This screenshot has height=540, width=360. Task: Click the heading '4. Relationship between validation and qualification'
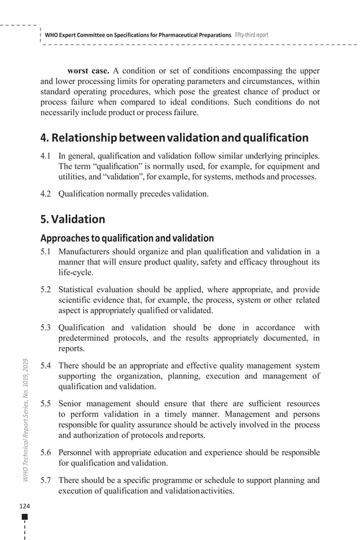[x=174, y=138]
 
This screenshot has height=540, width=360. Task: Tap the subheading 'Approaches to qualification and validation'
[x=127, y=238]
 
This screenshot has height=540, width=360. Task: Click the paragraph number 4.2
[x=47, y=194]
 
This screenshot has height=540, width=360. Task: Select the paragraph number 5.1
[x=47, y=252]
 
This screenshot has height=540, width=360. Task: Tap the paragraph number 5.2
[x=47, y=289]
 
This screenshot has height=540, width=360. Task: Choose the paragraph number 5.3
[x=47, y=327]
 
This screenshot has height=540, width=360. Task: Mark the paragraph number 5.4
[x=47, y=366]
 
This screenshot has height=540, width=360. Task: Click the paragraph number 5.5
[x=47, y=404]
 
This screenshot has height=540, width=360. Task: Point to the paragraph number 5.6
[x=47, y=453]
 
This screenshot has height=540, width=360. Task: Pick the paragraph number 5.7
[x=47, y=480]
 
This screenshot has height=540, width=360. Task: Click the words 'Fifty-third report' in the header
[x=251, y=35]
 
